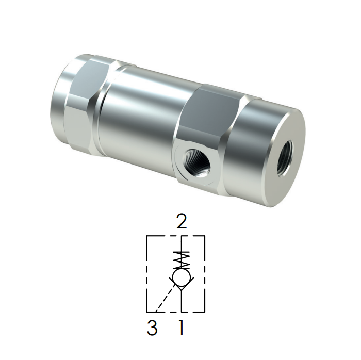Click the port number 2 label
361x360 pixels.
click(181, 222)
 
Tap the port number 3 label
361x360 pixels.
click(152, 328)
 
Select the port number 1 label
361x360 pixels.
click(180, 328)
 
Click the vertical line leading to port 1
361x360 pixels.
click(181, 301)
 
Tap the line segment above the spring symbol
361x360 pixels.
click(181, 243)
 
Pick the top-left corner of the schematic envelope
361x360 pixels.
click(147, 236)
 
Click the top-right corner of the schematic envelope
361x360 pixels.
click(205, 236)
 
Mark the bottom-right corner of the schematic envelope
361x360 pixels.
click(205, 312)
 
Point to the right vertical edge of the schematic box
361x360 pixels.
click(205, 273)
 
